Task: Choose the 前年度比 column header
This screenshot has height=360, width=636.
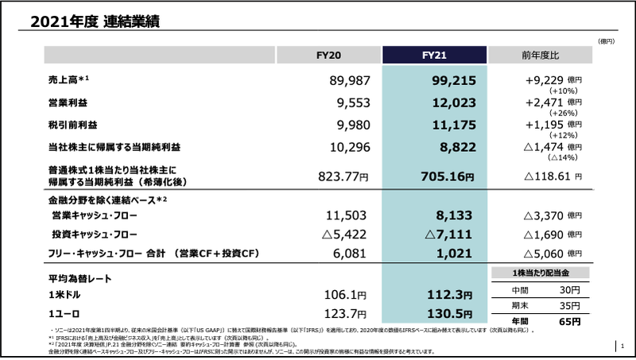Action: click(x=541, y=55)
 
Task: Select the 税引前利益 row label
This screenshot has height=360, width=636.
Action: click(x=71, y=125)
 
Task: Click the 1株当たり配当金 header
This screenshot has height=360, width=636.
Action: click(x=541, y=273)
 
